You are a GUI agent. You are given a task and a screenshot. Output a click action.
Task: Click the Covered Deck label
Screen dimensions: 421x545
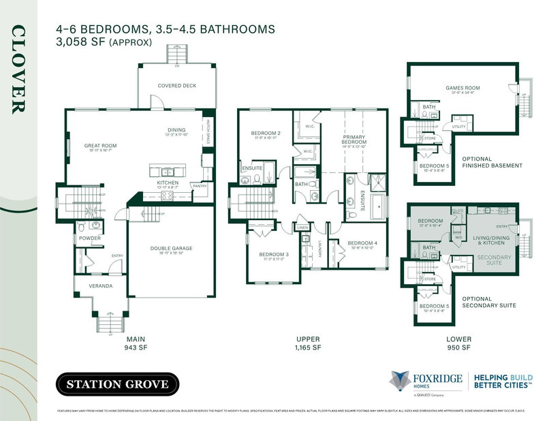[176, 86]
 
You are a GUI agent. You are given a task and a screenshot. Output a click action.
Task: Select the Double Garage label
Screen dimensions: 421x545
[170, 249]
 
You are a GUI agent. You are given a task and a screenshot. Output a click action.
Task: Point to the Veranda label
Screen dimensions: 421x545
[99, 285]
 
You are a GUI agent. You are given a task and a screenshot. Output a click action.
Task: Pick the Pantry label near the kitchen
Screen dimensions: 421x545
[200, 185]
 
